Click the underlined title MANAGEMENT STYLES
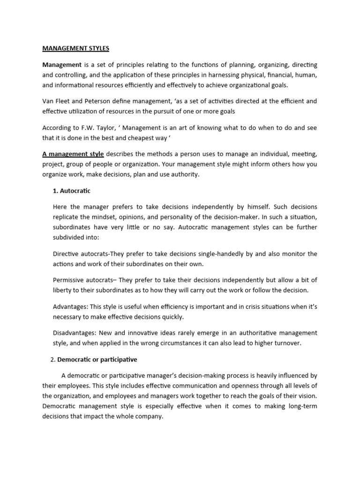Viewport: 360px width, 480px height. (75, 48)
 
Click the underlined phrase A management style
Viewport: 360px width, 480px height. (73, 154)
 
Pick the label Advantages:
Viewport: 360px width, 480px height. (71, 306)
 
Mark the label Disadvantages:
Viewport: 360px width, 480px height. (75, 333)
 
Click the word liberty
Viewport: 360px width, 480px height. (63, 290)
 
